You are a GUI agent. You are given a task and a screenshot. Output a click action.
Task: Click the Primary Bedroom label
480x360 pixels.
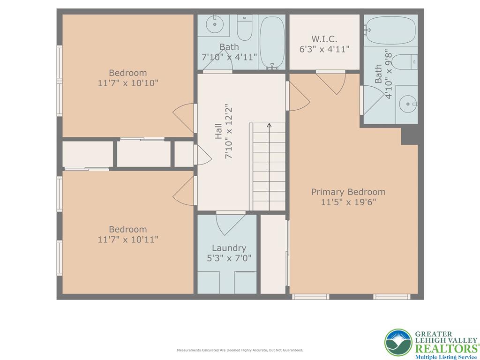348,192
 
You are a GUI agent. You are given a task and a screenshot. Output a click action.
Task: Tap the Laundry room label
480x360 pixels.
229,248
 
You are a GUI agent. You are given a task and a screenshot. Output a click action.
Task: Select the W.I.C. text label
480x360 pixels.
324,39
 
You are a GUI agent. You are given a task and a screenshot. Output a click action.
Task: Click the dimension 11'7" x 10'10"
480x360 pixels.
128,83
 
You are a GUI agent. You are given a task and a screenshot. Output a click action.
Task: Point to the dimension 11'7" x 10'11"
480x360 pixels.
128,240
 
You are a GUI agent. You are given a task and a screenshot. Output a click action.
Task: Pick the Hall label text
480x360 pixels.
219,131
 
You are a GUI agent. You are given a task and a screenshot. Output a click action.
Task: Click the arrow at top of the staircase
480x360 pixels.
269,125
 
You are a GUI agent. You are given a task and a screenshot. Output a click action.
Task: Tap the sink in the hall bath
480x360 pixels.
214,24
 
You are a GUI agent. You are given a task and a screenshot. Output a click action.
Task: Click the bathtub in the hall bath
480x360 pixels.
272,42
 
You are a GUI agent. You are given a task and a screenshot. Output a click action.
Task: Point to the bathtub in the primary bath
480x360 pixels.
390,30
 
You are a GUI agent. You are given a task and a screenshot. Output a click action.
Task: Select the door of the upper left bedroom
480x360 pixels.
184,117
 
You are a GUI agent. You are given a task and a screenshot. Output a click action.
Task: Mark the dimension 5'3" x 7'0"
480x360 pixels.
229,258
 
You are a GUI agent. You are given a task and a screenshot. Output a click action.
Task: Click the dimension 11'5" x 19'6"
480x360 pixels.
348,202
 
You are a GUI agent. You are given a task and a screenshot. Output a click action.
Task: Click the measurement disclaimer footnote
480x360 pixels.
240,350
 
